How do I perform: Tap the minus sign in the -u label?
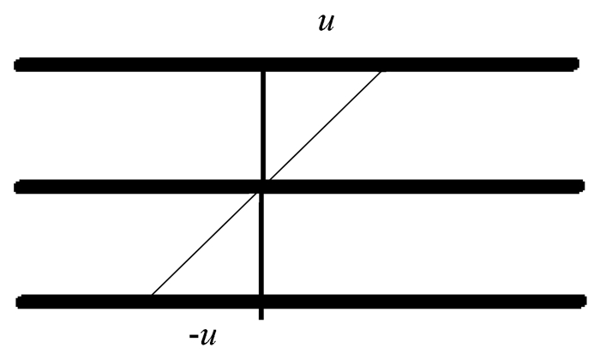[194, 334]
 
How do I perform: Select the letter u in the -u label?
[208, 334]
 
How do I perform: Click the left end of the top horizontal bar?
[20, 64]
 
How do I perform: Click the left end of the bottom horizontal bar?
[21, 302]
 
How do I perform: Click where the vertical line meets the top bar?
[262, 65]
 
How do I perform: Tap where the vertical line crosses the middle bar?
[262, 187]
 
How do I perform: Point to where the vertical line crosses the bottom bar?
[261, 302]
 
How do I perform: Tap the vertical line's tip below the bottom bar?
[261, 318]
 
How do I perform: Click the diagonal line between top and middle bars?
[323, 127]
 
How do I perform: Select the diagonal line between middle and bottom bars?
[206, 243]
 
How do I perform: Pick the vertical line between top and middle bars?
[262, 125]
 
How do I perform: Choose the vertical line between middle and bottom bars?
[262, 245]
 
